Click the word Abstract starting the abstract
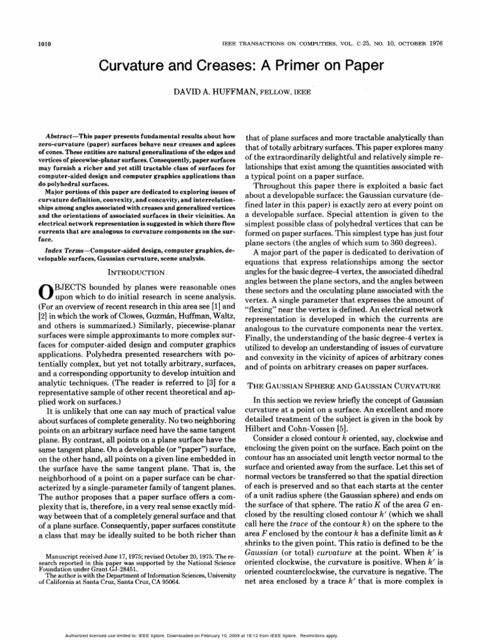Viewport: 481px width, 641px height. [65, 136]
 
